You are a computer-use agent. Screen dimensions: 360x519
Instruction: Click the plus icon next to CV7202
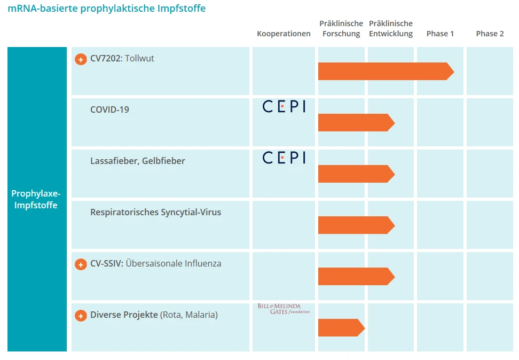click(81, 59)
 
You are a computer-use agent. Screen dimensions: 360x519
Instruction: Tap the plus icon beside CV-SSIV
click(81, 264)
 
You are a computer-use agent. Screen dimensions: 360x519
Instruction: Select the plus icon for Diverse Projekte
click(81, 316)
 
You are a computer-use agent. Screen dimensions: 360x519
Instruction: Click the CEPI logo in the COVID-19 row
click(284, 107)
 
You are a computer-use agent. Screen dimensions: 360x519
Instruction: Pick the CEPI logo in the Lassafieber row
click(284, 158)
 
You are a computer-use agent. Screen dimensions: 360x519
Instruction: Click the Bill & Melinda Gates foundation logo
click(284, 309)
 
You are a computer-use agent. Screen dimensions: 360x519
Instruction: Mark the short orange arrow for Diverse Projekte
click(341, 328)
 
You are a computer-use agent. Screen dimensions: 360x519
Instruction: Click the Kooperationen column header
click(284, 34)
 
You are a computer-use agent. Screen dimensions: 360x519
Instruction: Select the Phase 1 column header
click(440, 34)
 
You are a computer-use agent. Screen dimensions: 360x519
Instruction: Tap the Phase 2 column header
click(490, 34)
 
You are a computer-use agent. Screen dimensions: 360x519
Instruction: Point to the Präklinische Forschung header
click(341, 29)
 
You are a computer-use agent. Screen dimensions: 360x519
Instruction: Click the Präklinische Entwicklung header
click(391, 29)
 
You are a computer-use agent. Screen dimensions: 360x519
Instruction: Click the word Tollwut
click(139, 59)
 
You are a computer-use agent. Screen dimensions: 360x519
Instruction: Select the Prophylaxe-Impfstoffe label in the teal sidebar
click(36, 199)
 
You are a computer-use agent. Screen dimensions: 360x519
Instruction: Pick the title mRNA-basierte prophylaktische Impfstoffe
click(106, 9)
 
